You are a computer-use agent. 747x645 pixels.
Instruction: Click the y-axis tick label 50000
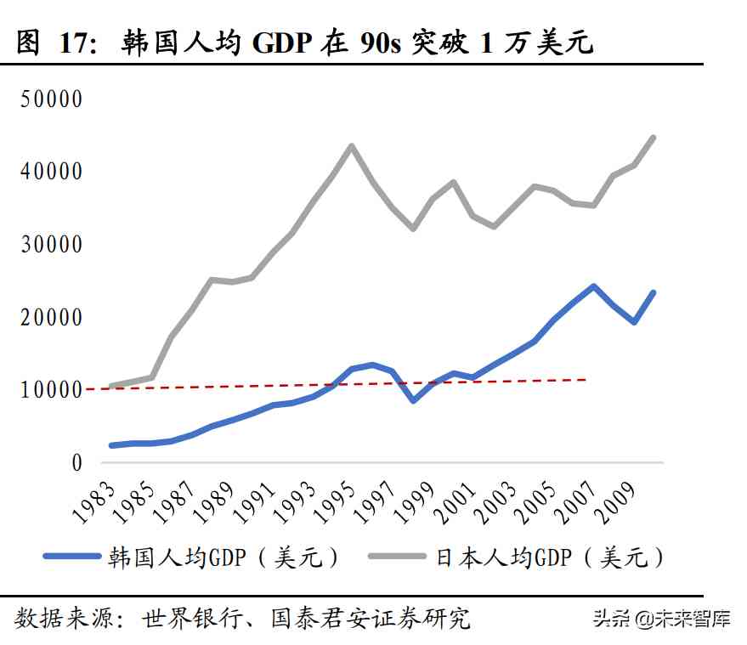52,99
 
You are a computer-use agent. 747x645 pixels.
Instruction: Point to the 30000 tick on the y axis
52,245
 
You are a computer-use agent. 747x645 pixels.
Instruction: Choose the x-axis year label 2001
457,498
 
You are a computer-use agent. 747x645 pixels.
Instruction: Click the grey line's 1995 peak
352,145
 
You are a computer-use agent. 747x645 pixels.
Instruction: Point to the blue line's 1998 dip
412,400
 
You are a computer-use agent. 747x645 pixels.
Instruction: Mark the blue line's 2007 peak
593,286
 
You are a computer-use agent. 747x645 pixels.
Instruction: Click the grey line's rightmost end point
653,138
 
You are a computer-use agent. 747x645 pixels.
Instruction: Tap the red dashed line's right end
586,380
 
